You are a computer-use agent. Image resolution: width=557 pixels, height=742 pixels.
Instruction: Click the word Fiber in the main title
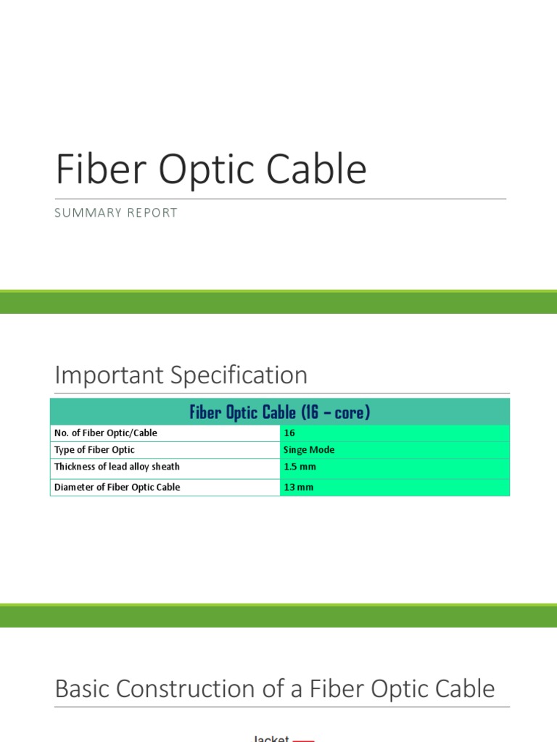91,170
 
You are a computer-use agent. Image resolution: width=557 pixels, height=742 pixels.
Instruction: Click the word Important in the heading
109,375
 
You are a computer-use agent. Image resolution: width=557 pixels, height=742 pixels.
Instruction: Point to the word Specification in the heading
239,375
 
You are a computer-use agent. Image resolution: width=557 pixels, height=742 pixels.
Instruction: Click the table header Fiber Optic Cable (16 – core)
280,412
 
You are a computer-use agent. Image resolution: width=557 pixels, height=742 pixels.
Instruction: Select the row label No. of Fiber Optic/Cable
106,433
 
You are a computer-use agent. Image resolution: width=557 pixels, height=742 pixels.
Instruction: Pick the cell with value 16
289,433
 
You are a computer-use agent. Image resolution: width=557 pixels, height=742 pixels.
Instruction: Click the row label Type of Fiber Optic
94,450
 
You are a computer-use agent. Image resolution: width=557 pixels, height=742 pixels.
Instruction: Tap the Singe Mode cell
309,450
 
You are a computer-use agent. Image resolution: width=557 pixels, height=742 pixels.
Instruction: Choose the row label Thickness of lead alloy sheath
117,467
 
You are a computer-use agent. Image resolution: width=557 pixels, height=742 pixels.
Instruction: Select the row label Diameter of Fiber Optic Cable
117,487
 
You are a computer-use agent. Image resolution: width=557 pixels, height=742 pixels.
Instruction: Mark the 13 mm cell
299,487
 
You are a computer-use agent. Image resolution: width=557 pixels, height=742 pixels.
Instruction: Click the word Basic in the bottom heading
84,688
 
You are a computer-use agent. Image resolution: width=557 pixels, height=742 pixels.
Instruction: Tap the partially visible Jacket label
271,738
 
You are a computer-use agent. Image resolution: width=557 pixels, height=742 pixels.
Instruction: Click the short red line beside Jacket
304,740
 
